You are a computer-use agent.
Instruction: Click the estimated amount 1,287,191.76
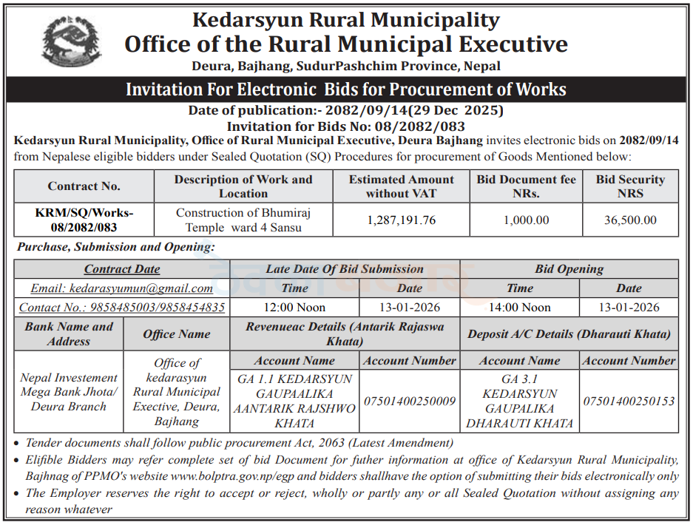[402, 220]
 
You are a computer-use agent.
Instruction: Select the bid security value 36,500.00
[630, 220]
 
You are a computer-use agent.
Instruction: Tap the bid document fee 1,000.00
[526, 220]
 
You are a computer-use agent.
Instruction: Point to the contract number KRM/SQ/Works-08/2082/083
[84, 220]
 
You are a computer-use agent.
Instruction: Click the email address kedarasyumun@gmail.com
[121, 288]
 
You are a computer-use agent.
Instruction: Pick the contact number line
[121, 308]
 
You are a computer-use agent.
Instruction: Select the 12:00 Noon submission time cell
[294, 308]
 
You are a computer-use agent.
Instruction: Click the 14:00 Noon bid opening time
[519, 308]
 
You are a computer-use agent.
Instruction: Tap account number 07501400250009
[410, 402]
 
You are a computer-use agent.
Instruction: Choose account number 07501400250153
[629, 402]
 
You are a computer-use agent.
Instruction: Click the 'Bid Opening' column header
[569, 269]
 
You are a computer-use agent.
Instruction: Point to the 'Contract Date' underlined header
[122, 269]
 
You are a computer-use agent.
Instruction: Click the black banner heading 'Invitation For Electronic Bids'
[346, 90]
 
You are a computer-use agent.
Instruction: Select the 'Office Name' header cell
[177, 334]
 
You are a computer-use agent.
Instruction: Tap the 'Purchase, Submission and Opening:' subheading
[116, 247]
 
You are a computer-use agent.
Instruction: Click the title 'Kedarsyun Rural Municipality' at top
[346, 19]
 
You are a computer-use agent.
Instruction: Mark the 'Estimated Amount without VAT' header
[402, 186]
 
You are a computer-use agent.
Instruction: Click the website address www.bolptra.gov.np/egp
[276, 477]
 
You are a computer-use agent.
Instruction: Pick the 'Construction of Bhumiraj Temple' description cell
[243, 220]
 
